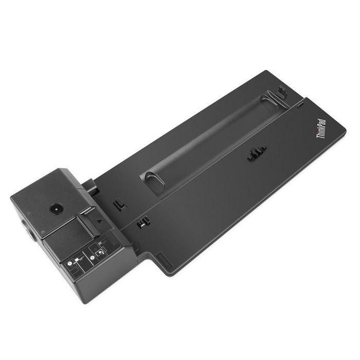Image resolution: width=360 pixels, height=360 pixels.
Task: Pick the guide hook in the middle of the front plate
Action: tap(257, 152)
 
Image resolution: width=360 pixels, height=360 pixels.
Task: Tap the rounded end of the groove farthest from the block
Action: tap(271, 105)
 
